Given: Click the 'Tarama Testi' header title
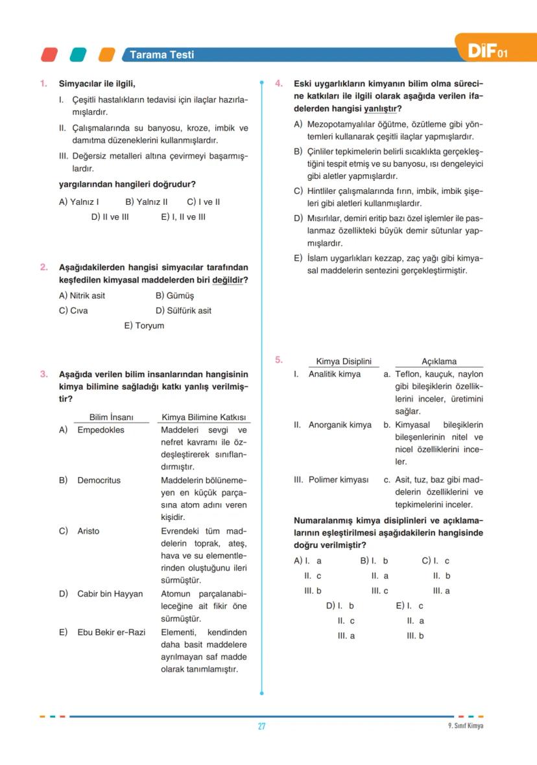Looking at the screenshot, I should click(x=161, y=55).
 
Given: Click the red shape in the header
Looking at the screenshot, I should click(x=49, y=55).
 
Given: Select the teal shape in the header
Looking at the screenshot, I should click(x=78, y=55).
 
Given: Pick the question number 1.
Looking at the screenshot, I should click(x=43, y=84).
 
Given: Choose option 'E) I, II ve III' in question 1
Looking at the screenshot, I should click(x=183, y=217).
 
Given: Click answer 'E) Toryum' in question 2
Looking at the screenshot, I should click(x=144, y=325).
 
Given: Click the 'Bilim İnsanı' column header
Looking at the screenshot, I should click(x=111, y=417).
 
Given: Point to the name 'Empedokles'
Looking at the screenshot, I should click(x=101, y=430).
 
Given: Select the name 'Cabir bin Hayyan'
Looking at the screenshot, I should click(x=110, y=594).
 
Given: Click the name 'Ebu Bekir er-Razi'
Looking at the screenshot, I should click(x=111, y=632).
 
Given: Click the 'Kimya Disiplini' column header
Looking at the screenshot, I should click(x=343, y=361).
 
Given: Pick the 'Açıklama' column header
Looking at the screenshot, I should click(x=439, y=361).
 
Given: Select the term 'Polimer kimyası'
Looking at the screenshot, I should click(x=338, y=480).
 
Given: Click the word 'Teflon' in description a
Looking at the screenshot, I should click(x=408, y=374).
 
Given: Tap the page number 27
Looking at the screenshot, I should click(x=261, y=726).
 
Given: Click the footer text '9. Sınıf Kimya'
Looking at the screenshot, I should click(x=460, y=726).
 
